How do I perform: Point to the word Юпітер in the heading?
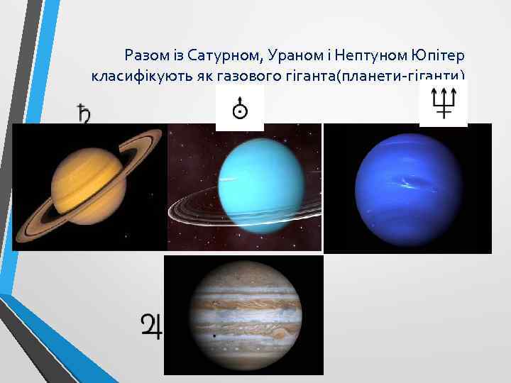436,55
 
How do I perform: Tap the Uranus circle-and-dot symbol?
240,108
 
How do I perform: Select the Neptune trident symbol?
443,104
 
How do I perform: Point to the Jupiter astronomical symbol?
151,326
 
